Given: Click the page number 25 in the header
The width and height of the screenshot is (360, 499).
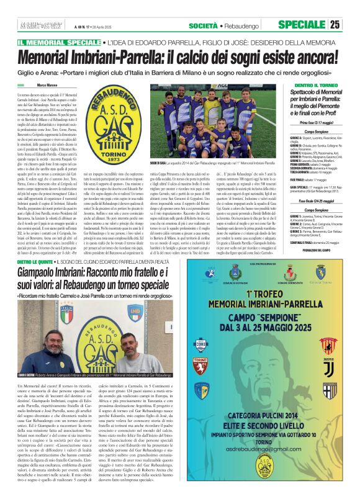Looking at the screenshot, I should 352,25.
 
